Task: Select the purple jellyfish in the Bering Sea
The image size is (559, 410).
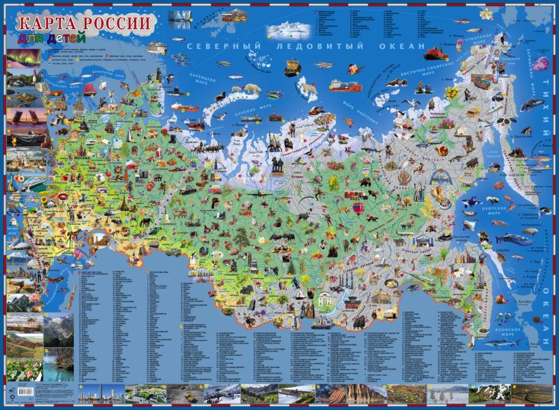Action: coord(542,66)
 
